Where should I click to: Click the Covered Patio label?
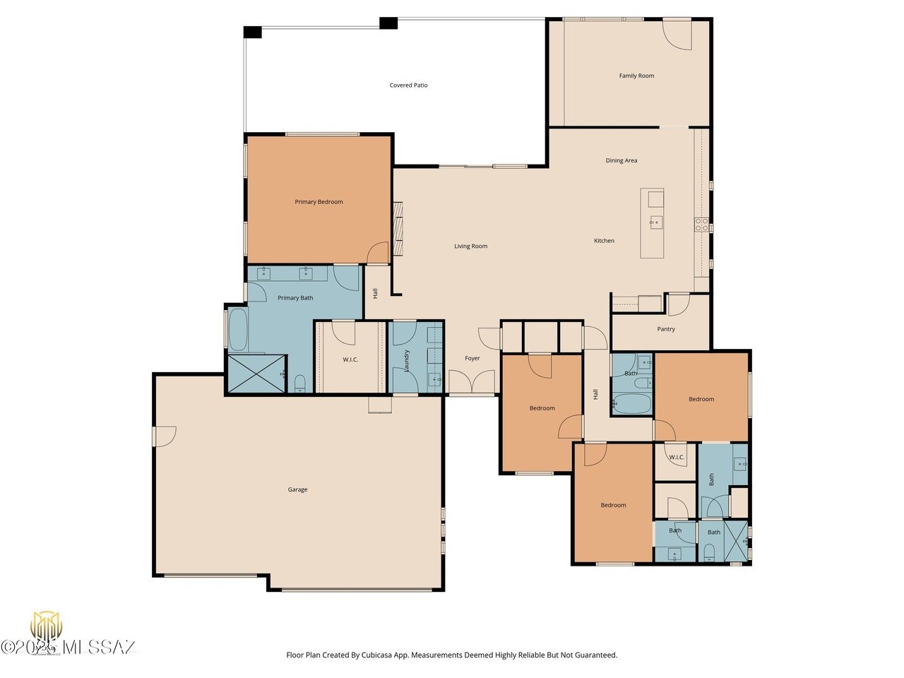(409, 85)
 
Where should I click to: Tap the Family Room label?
(636, 76)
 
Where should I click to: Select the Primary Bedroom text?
(319, 202)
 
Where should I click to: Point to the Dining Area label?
(621, 160)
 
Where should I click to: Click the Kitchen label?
(604, 241)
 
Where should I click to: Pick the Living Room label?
(470, 246)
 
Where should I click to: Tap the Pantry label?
(666, 329)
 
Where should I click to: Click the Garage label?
(297, 489)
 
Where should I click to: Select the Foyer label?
(472, 358)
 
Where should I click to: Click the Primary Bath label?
(295, 298)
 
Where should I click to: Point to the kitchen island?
(653, 223)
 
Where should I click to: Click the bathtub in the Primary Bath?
(238, 330)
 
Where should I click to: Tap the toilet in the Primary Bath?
(299, 383)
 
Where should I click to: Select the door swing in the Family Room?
(679, 33)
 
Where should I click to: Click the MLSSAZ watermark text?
(99, 647)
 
